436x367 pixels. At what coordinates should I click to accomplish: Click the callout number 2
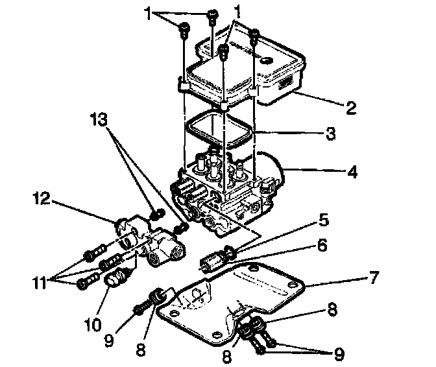[351, 107]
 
